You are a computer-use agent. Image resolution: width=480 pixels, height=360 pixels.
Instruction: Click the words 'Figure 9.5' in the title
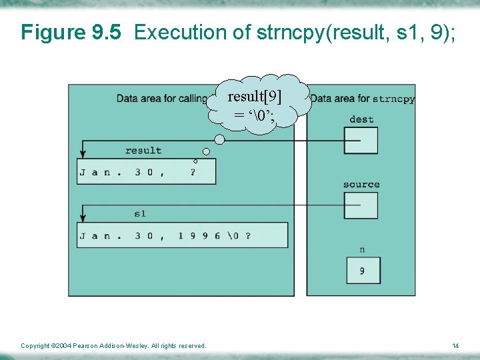point(71,32)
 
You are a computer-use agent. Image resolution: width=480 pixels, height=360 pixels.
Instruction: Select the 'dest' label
point(361,119)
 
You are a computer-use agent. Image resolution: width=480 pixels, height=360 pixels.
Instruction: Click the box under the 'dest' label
point(361,140)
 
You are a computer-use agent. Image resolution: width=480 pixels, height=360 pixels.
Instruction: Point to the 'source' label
point(361,184)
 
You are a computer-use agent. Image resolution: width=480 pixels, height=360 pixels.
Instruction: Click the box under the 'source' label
point(361,205)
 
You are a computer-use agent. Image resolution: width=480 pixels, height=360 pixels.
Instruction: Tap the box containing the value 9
point(363,271)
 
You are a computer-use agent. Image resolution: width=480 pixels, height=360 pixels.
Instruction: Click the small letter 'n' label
point(362,249)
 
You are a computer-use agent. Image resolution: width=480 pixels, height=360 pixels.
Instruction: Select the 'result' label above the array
point(143,151)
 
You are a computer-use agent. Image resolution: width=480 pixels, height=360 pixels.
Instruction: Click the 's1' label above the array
point(140,213)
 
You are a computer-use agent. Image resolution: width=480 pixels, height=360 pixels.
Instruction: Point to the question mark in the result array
point(193,172)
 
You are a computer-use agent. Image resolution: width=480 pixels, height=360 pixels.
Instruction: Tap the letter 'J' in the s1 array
point(83,235)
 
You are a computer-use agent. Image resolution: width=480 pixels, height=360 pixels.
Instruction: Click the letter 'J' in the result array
point(83,172)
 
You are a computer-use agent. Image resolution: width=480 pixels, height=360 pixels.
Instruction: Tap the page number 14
point(455,345)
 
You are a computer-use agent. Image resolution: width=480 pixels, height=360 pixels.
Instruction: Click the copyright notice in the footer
point(113,345)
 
